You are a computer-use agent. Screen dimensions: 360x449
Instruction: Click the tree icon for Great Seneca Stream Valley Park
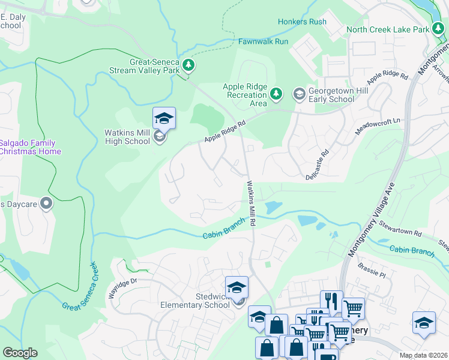[x=188, y=65]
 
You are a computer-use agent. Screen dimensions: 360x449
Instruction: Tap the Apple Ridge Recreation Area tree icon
[x=276, y=93]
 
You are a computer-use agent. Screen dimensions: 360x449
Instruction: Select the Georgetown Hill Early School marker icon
[x=298, y=94]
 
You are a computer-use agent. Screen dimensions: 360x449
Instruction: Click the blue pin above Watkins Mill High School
[x=164, y=118]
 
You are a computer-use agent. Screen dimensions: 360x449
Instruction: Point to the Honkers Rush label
[x=302, y=22]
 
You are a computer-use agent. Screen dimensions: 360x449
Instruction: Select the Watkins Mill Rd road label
[x=253, y=204]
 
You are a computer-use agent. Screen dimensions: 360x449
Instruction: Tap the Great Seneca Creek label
[x=79, y=286]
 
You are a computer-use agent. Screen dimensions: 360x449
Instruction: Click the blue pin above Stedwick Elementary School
[x=237, y=287]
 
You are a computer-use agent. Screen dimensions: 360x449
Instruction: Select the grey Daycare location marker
[x=46, y=204]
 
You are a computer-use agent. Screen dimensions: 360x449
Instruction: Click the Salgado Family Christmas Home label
[x=29, y=147]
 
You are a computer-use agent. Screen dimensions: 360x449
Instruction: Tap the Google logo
[x=20, y=353]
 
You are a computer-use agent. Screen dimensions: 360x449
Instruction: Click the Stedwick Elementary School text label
[x=195, y=301]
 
